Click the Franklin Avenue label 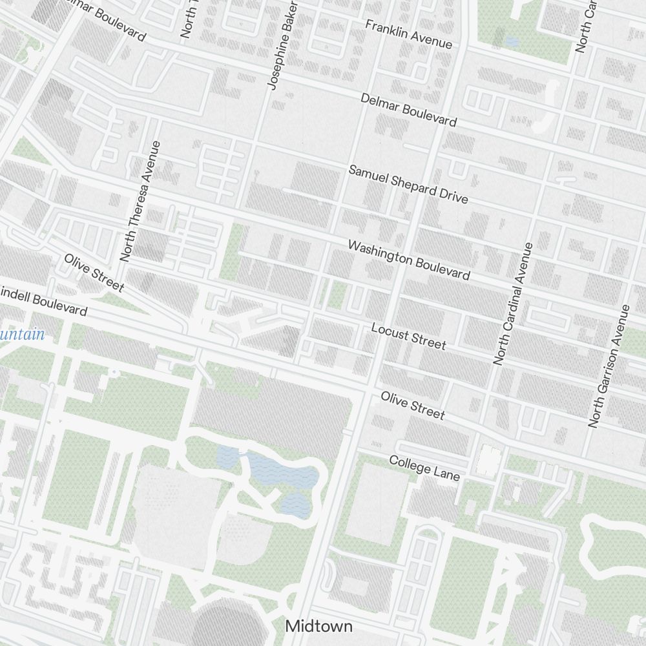click(408, 34)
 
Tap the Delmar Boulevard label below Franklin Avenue click(408, 109)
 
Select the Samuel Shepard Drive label click(408, 184)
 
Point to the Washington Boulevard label click(408, 260)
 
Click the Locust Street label click(408, 336)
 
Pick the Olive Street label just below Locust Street click(412, 404)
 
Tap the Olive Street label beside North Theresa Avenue click(94, 272)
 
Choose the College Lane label click(424, 468)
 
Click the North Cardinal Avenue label click(513, 304)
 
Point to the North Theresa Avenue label click(139, 201)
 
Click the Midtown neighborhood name click(319, 626)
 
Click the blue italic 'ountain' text click(23, 335)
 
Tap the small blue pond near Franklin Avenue click(512, 41)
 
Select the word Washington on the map click(380, 254)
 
